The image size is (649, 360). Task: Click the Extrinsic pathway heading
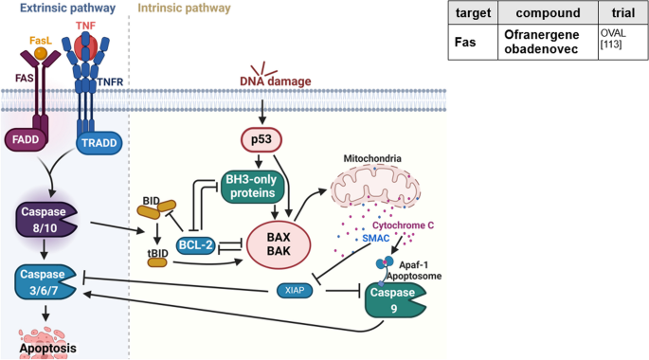(54, 9)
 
